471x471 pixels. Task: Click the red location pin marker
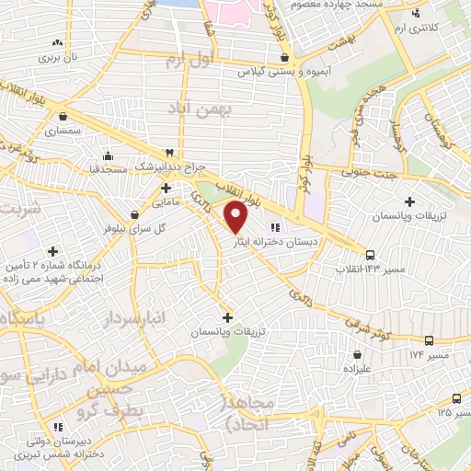pos(236,216)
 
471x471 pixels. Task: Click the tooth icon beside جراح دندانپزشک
pos(169,153)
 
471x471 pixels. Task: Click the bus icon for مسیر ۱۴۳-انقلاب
pos(370,255)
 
